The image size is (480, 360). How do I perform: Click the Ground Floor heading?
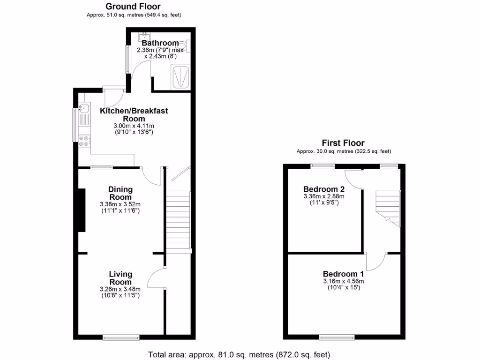[x=133, y=7]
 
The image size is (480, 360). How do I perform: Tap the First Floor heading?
[x=343, y=143]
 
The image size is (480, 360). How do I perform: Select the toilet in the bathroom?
[x=187, y=45]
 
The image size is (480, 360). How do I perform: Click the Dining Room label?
[x=121, y=193]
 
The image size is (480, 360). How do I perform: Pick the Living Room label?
[x=120, y=278]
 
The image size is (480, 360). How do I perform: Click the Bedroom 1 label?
[x=343, y=274]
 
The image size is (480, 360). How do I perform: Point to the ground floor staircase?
[x=178, y=221]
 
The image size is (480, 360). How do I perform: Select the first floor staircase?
[x=387, y=206]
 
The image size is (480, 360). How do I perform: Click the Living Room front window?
[x=121, y=336]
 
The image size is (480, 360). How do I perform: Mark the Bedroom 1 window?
[x=337, y=336]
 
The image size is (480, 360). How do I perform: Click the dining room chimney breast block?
[x=82, y=210]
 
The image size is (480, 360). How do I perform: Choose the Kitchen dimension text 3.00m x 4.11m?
[x=134, y=126]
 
